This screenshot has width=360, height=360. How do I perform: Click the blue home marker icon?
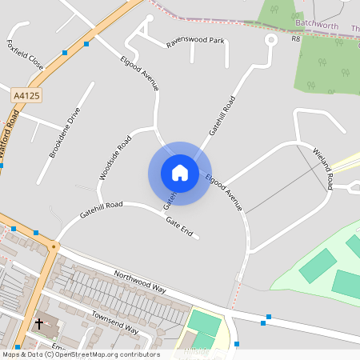click(179, 172)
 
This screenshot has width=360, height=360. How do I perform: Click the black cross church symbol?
click(39, 324)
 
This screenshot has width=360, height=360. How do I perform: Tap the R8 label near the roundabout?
click(295, 38)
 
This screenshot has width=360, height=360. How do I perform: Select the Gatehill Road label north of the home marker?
click(222, 115)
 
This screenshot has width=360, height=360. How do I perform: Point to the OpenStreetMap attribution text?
click(80, 354)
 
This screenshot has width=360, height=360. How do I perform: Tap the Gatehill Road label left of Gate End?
click(101, 210)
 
